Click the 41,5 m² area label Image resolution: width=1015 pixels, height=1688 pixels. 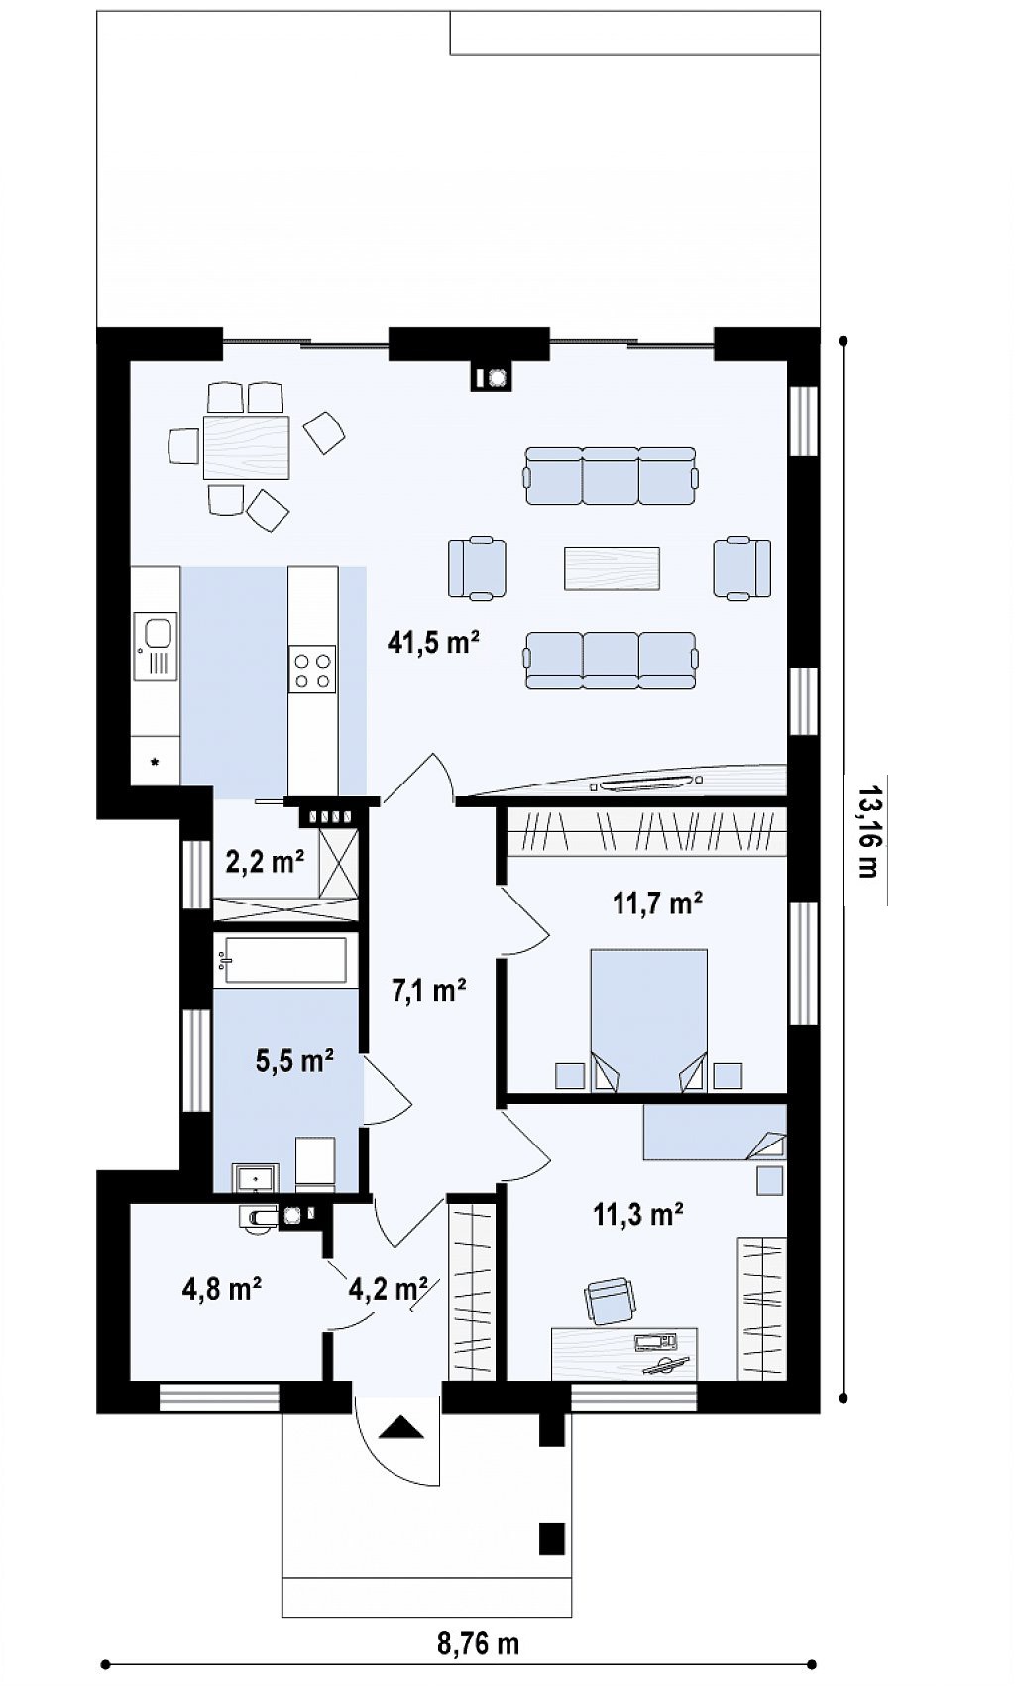point(434,643)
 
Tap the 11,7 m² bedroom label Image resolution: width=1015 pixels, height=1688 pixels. point(658,903)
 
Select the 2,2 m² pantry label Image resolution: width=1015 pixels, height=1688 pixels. point(265,861)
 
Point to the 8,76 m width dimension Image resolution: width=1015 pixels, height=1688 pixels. point(479,1644)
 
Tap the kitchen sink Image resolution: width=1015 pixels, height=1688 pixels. point(155,646)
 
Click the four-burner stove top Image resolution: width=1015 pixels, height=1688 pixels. point(312,669)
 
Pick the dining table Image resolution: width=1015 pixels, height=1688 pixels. point(246,447)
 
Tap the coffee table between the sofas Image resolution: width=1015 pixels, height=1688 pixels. point(613,568)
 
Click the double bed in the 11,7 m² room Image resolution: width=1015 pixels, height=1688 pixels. point(648,1021)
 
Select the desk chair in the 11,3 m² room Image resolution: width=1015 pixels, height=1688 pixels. point(610,1300)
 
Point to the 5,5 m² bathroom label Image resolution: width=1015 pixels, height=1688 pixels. point(295,1060)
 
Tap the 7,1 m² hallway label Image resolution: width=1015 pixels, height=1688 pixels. point(428,990)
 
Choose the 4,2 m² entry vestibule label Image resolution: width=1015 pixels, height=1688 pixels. point(389,1288)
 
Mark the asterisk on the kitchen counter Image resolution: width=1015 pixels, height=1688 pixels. point(155,762)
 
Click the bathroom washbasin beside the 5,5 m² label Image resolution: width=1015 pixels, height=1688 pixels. point(255,1178)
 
